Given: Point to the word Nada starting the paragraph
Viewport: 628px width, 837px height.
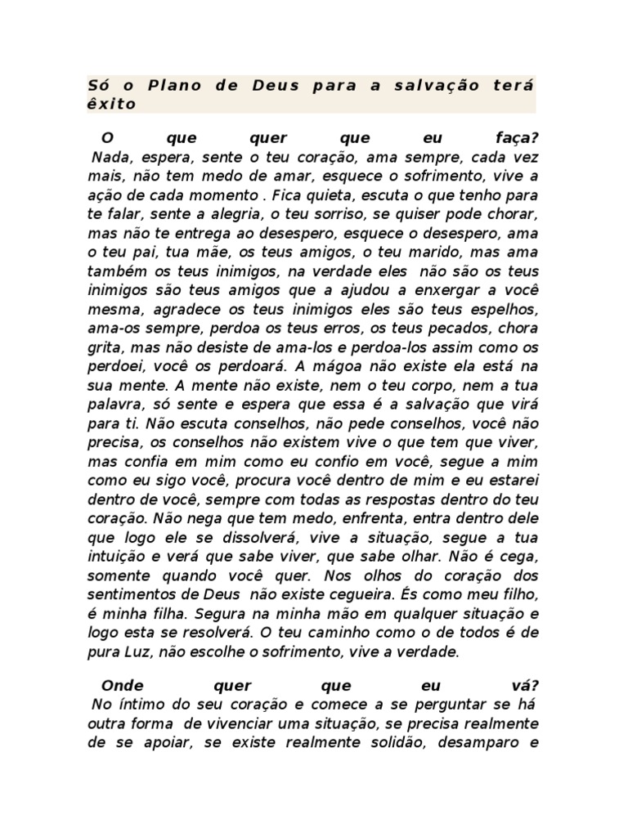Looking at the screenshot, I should tap(110, 156).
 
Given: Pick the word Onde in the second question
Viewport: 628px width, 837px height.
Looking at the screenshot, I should tap(121, 685).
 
